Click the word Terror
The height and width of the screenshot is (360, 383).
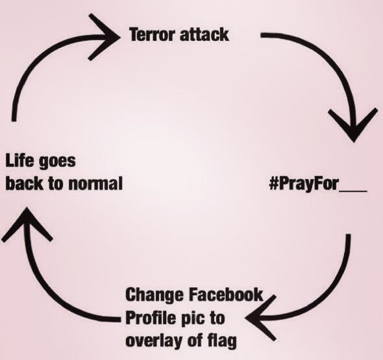pos(153,34)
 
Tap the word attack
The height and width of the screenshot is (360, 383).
pos(204,34)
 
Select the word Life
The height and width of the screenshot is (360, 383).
pos(19,161)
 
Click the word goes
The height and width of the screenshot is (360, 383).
pos(57,162)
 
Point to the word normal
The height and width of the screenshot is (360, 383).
pos(95,184)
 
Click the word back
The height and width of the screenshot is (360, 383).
pos(25,184)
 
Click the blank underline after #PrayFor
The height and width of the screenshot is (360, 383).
pos(353,191)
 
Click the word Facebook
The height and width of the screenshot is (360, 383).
pos(226,294)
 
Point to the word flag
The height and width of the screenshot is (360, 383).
pos(222,341)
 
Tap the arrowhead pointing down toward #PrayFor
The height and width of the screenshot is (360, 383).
pos(352,125)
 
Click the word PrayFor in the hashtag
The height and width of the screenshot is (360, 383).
pos(310,184)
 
